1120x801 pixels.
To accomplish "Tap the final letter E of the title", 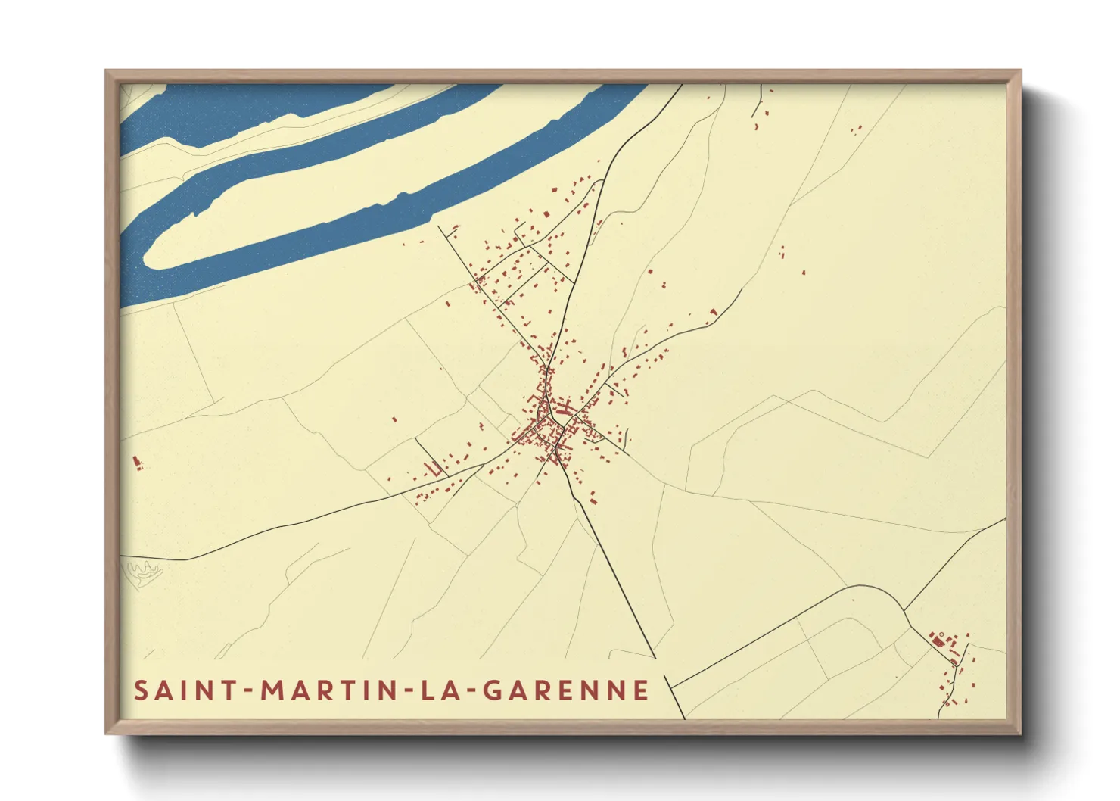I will (x=642, y=690).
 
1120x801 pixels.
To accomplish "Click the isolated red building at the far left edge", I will (x=137, y=462).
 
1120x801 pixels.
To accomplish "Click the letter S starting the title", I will (x=141, y=690).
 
